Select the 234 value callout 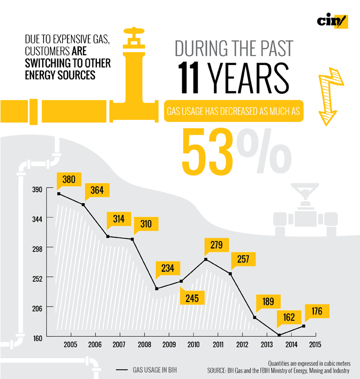167,269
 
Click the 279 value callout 216,245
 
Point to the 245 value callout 192,298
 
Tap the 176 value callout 317,312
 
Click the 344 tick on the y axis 37,218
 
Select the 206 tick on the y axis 37,307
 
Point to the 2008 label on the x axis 144,345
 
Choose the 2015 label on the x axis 315,345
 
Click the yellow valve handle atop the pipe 133,35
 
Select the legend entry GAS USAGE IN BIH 149,370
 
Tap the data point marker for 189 255,317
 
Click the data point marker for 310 132,239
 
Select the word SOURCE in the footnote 216,371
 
